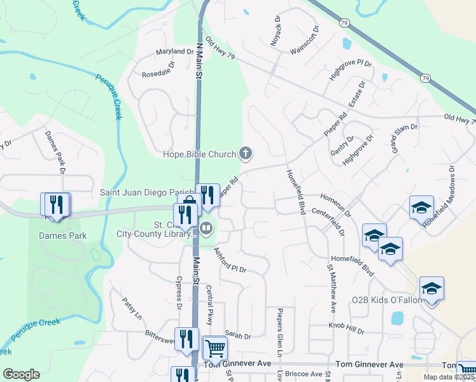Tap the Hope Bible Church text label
(199, 153)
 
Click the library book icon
(206, 228)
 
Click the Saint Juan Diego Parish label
(146, 192)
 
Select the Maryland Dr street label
(175, 52)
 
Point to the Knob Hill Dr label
(346, 328)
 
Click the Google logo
(21, 374)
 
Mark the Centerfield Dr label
(328, 222)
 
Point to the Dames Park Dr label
(55, 152)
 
